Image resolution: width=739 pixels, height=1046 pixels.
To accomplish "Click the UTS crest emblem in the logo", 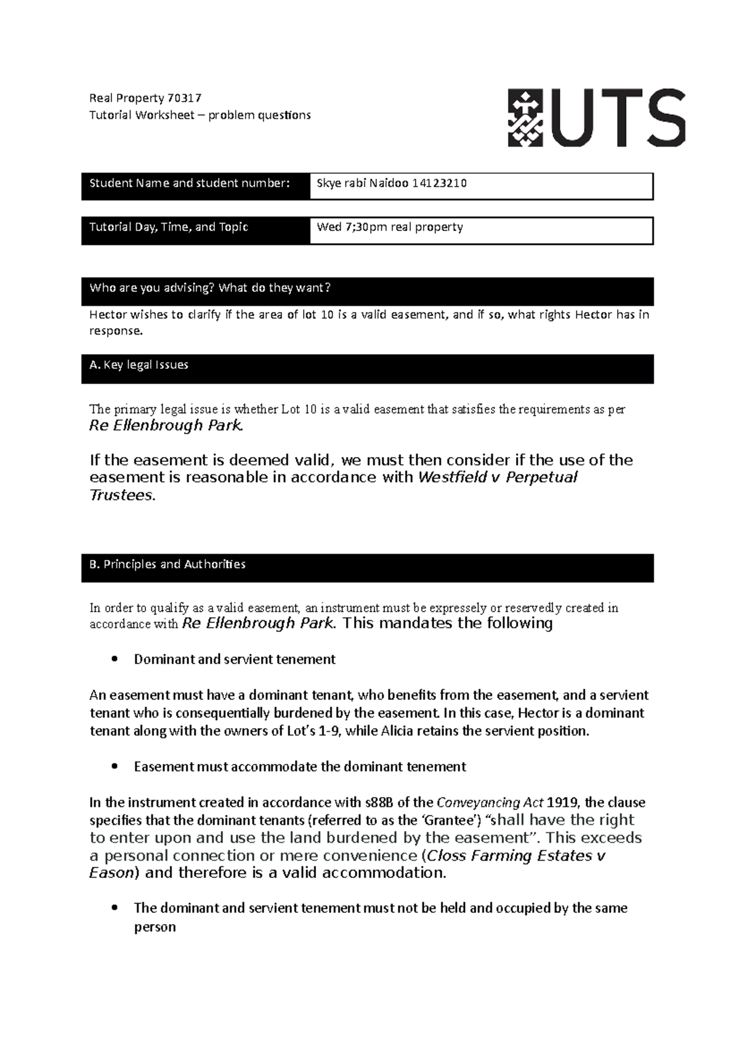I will [x=525, y=118].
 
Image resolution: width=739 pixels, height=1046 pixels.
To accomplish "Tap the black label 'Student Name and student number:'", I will [x=189, y=183].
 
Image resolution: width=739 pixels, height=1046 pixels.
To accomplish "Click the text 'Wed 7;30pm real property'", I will [x=389, y=227].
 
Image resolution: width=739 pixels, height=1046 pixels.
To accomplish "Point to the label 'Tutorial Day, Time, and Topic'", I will [x=169, y=227].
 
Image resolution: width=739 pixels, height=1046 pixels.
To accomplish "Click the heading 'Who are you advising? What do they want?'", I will [x=210, y=288].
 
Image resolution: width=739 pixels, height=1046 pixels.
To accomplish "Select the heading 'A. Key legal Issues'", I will [x=139, y=365].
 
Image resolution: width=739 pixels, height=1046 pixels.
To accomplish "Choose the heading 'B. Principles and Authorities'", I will [x=168, y=564].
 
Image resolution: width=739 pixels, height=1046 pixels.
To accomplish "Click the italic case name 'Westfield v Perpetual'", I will [x=497, y=477].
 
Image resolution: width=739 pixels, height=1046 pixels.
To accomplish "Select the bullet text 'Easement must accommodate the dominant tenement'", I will [x=299, y=767].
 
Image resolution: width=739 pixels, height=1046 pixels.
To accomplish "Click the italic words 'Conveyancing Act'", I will [x=490, y=803].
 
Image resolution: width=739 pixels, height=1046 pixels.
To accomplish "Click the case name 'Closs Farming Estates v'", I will [x=515, y=856].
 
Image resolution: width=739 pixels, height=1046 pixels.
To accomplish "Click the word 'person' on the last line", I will [x=155, y=927].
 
